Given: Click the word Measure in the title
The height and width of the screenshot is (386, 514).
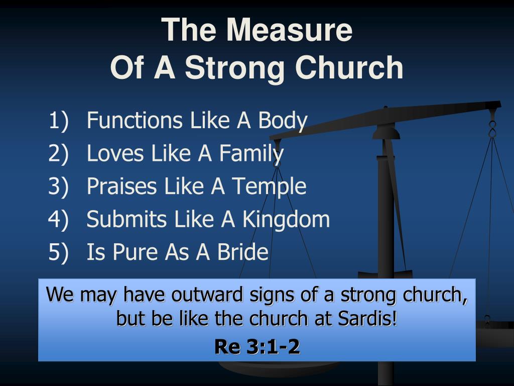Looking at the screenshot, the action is coord(289,30).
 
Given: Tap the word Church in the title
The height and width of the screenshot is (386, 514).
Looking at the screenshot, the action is coord(349,67).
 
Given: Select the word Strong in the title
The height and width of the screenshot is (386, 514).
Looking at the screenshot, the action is coord(234,68).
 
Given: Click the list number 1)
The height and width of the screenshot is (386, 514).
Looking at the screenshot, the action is coord(59,121).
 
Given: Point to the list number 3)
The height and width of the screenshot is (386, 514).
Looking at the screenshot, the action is coord(58,186).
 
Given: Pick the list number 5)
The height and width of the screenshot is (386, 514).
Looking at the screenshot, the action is coord(58,252).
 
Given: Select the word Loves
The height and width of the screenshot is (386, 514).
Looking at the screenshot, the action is coord(115,153).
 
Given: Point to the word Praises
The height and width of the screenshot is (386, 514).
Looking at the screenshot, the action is coord(121,186).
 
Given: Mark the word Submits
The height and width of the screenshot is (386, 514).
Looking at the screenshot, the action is coord(126,219).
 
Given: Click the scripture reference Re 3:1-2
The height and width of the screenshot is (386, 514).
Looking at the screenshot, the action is coord(257,346).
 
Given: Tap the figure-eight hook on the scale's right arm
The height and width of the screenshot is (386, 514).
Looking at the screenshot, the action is coord(492,129).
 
